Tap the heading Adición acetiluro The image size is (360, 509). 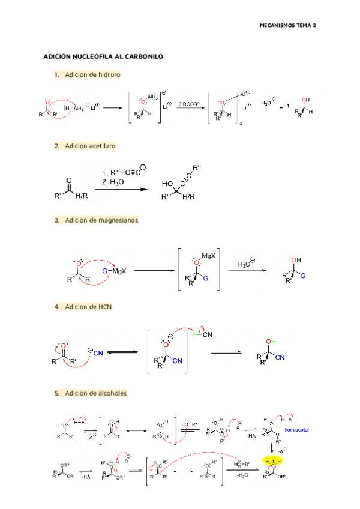pos(90,146)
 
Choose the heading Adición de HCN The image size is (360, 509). pos(88,307)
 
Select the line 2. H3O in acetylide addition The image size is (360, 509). pos(113,182)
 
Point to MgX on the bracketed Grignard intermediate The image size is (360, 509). pos(209,256)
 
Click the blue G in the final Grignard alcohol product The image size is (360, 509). pos(302,276)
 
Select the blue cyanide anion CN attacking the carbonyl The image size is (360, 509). pos(97,354)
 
